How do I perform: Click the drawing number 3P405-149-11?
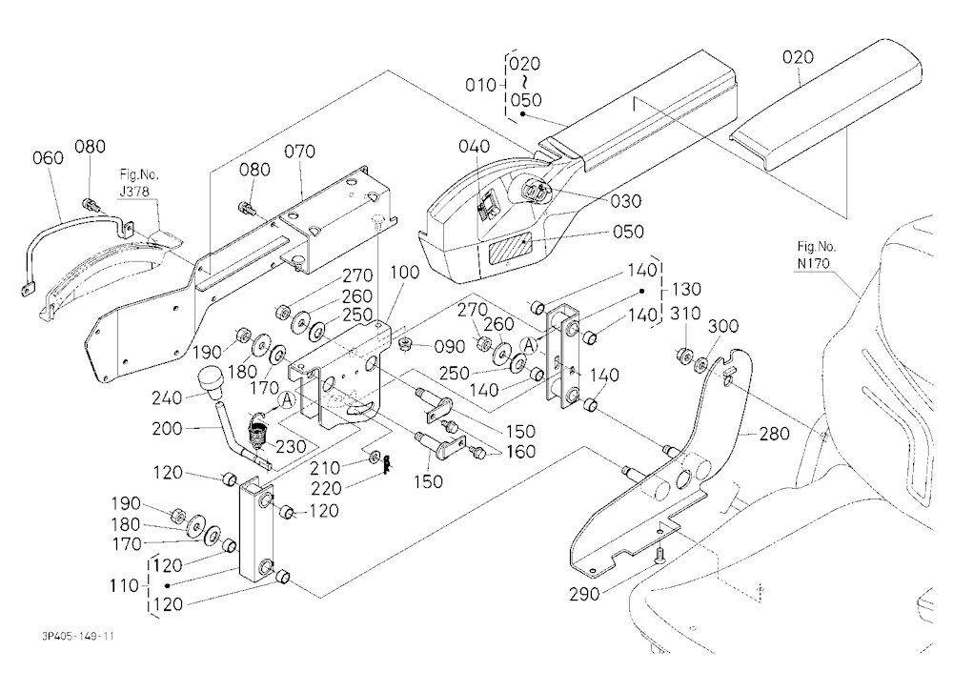(x=78, y=636)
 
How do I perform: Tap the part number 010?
(x=480, y=85)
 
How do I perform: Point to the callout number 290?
(x=584, y=594)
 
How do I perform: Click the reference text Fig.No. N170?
(x=817, y=254)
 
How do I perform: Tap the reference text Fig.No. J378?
(x=138, y=183)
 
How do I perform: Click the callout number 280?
(x=774, y=434)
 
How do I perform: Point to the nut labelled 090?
(x=404, y=345)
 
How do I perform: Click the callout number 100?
(x=404, y=272)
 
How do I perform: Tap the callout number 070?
(x=299, y=151)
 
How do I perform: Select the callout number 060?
(x=48, y=158)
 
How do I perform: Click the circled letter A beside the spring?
(x=286, y=400)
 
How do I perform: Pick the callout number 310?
(x=685, y=314)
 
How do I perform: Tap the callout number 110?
(x=124, y=585)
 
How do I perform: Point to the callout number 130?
(x=686, y=289)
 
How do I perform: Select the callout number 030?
(x=626, y=201)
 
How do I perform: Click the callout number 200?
(x=167, y=429)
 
